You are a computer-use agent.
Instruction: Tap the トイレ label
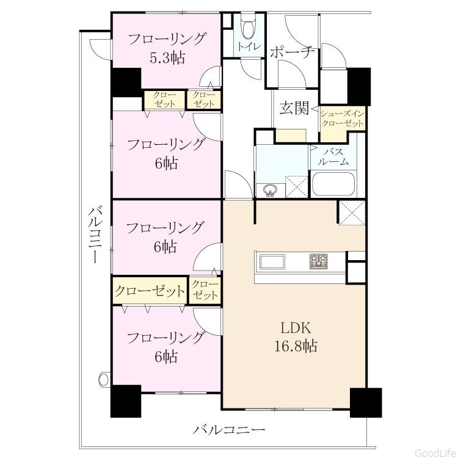[249, 47]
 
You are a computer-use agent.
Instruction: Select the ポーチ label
[292, 53]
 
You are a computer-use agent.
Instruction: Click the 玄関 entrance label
[294, 108]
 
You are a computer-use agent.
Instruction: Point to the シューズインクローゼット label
[343, 118]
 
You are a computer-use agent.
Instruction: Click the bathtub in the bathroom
[333, 184]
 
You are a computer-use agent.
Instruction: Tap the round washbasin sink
[269, 191]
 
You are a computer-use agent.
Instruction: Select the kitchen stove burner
[318, 261]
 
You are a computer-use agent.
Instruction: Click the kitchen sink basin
[272, 262]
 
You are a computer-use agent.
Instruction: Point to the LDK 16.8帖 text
[296, 337]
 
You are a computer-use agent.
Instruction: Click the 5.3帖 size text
[167, 58]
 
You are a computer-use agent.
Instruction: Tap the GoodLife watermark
[435, 453]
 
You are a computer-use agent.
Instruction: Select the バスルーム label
[333, 156]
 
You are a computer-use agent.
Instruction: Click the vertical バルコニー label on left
[95, 234]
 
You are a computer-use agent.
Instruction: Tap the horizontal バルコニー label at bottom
[229, 430]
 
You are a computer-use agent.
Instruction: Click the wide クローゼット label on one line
[150, 291]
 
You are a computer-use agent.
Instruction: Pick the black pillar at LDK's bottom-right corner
[366, 402]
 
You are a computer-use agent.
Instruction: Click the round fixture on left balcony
[104, 379]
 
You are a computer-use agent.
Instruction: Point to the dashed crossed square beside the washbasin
[296, 186]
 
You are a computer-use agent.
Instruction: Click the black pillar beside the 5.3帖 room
[126, 82]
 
